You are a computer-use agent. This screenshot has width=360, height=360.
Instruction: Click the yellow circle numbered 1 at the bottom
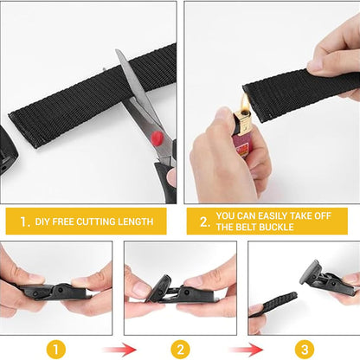tap(55, 350)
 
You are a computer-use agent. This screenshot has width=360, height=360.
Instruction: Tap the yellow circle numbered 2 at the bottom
tap(180, 350)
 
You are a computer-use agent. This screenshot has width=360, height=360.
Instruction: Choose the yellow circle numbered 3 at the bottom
tap(305, 350)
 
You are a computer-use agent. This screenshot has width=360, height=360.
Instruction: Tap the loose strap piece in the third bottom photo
tap(276, 308)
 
